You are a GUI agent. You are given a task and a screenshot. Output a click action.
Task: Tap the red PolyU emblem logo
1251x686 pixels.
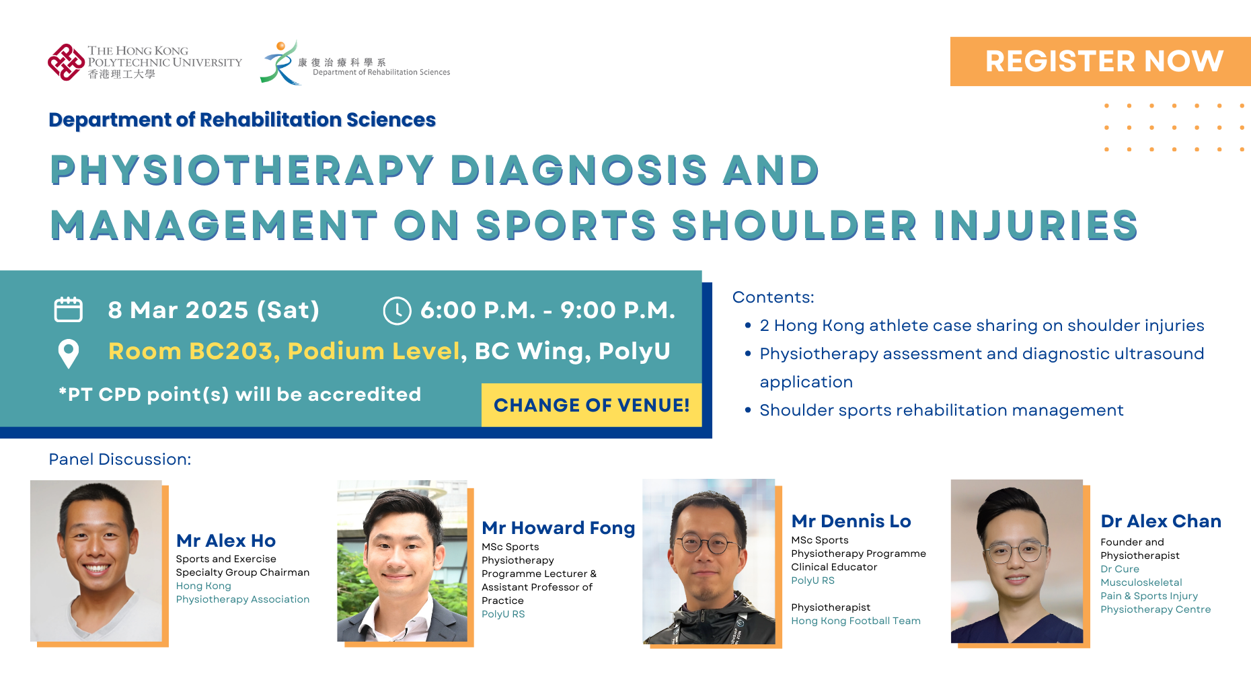[66, 63]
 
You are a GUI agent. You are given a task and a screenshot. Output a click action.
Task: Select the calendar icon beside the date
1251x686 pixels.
[68, 310]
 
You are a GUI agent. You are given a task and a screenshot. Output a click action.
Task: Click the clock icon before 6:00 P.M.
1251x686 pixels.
[397, 311]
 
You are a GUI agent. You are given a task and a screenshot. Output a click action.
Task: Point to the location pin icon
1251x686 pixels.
[69, 353]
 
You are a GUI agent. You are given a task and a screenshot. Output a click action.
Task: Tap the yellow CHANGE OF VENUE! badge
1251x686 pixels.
[591, 405]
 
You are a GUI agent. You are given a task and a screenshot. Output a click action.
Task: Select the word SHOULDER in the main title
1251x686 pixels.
[794, 225]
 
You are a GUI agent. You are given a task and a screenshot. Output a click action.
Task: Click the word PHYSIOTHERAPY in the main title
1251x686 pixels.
[242, 169]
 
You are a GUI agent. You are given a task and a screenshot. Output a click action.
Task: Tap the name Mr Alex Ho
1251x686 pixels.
[226, 541]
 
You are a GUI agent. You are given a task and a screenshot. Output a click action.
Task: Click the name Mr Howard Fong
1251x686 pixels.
[558, 528]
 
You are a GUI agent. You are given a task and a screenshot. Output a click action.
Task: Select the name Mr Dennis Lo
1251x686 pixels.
[851, 521]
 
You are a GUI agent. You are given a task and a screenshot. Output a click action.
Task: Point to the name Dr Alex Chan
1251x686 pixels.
[1161, 521]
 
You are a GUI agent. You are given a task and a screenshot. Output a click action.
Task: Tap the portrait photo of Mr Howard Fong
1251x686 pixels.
[402, 561]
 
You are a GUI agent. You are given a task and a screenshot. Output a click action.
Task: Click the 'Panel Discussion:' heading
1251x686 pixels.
[120, 459]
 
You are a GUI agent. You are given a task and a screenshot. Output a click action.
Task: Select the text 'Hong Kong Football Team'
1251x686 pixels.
[856, 621]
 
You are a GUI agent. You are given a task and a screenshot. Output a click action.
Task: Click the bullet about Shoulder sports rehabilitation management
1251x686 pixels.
[941, 410]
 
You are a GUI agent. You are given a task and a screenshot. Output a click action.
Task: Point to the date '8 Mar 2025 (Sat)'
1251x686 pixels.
[213, 310]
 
